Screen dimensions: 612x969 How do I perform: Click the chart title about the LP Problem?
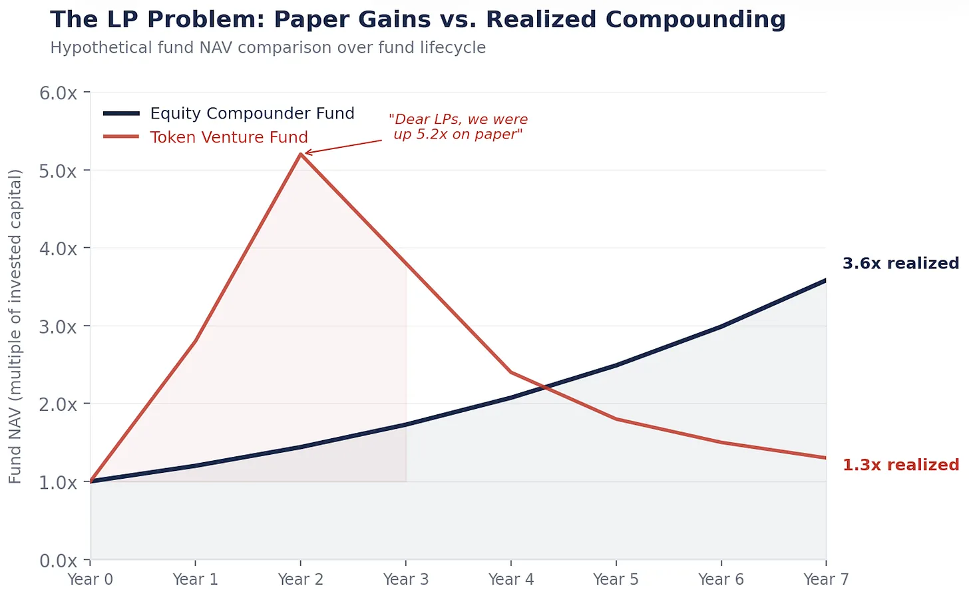[x=417, y=19]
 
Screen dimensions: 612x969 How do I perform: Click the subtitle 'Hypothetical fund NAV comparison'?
[x=268, y=48]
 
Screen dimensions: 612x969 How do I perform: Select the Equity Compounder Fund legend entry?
[x=252, y=113]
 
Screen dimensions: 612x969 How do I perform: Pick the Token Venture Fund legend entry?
[x=228, y=137]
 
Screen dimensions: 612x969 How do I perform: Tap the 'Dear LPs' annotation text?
[x=458, y=127]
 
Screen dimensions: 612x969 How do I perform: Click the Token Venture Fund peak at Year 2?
[x=301, y=154]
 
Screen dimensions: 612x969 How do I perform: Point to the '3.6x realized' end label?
[x=900, y=263]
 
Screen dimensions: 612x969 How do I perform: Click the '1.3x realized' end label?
[x=900, y=465]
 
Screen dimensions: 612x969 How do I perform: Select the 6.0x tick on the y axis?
[x=59, y=93]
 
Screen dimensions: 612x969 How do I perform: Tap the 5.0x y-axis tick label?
[x=59, y=171]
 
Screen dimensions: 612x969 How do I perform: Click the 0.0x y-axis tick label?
[x=59, y=561]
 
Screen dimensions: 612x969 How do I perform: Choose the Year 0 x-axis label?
[x=91, y=579]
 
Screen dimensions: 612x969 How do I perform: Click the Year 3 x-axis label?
[x=406, y=579]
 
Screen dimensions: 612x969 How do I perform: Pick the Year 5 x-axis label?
[x=616, y=579]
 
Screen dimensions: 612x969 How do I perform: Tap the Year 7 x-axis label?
[x=826, y=579]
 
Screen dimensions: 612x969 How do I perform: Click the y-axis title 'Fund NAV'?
[x=15, y=326]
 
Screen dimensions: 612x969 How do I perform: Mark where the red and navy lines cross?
[x=547, y=386]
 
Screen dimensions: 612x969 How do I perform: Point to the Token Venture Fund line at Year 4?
[x=511, y=372]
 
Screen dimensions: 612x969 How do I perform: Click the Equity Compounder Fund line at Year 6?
[x=721, y=326]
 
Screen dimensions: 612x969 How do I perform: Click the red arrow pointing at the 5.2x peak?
[x=343, y=147]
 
